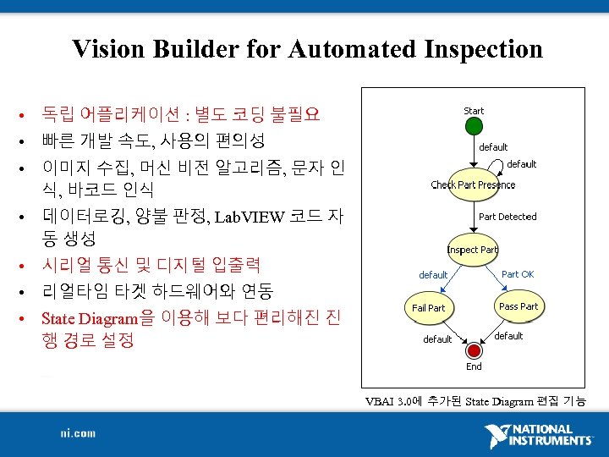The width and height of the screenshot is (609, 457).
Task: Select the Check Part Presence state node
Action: click(x=473, y=184)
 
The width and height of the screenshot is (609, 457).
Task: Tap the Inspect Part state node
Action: click(x=472, y=249)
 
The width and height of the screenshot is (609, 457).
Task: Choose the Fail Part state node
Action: click(x=428, y=307)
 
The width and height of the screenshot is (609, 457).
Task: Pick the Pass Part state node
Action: click(x=518, y=306)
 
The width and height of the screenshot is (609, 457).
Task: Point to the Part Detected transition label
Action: click(x=507, y=217)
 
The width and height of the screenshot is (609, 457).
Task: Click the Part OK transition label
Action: click(x=518, y=274)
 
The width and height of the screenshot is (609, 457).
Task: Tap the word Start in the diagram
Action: click(x=474, y=111)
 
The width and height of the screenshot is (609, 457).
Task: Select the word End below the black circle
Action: click(x=474, y=366)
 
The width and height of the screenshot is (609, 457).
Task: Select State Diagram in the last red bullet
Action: click(x=89, y=318)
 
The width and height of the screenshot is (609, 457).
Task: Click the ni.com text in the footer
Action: click(x=77, y=433)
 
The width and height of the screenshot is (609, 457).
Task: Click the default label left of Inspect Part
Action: click(x=433, y=275)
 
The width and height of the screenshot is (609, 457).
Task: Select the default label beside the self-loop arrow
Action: click(x=522, y=164)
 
